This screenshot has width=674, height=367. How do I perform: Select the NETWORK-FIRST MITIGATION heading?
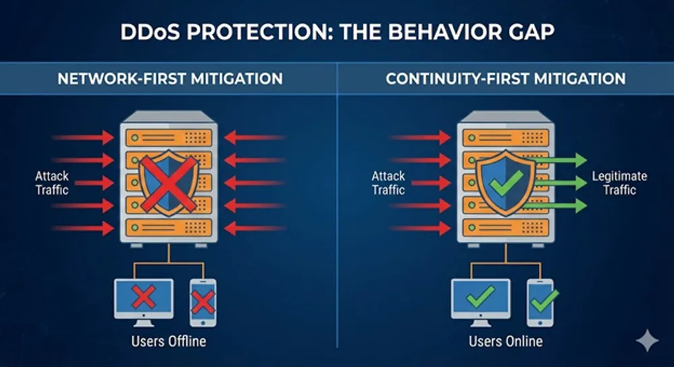click(x=171, y=79)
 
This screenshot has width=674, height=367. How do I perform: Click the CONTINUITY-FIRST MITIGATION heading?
click(x=506, y=79)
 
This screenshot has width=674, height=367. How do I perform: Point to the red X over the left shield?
click(x=169, y=184)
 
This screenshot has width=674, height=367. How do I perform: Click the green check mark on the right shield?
click(x=507, y=183)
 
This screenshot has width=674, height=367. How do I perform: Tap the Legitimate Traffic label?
click(x=619, y=183)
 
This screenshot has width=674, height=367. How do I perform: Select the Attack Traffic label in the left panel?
click(x=52, y=183)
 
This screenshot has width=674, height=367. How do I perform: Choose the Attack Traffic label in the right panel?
click(x=389, y=183)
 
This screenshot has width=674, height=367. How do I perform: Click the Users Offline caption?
click(x=168, y=341)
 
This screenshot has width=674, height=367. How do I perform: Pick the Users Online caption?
click(x=506, y=341)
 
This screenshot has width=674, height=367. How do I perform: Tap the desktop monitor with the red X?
click(x=144, y=302)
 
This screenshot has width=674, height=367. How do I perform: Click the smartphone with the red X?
click(x=203, y=302)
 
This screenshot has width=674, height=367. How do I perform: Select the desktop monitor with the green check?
click(x=481, y=302)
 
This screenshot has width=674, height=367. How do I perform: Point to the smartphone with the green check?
click(x=541, y=302)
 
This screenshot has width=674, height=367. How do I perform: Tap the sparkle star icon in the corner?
click(x=647, y=340)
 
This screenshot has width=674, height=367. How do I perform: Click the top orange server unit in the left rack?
click(x=169, y=138)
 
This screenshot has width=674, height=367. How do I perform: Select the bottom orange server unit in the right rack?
click(x=506, y=228)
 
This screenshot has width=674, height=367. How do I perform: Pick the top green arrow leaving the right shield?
click(x=558, y=160)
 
